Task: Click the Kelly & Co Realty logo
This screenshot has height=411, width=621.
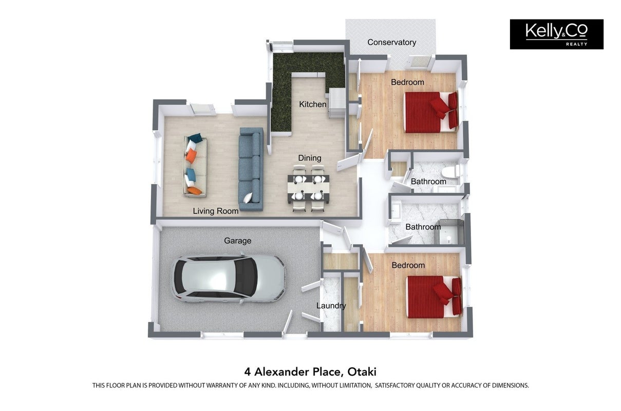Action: click(556, 34)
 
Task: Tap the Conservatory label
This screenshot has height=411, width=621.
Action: click(392, 42)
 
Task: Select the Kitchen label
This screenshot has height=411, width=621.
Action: click(312, 104)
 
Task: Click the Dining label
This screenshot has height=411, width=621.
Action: click(310, 158)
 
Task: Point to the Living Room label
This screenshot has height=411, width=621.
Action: click(216, 211)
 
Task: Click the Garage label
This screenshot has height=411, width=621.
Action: click(238, 241)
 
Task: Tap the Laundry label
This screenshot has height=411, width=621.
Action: click(331, 306)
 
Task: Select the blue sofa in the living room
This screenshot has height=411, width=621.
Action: click(251, 169)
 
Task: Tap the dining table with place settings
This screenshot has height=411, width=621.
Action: click(308, 189)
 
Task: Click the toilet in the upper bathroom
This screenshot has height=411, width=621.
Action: click(451, 172)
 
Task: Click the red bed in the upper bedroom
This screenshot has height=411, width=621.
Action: click(430, 112)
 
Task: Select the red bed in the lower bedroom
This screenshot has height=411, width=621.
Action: click(434, 297)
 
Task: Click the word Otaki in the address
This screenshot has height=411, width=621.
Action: click(362, 371)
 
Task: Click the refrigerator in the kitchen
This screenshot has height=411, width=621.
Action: click(337, 103)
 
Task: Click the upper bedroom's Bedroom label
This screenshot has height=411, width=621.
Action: click(407, 82)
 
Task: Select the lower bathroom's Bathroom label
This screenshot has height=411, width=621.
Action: click(423, 227)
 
